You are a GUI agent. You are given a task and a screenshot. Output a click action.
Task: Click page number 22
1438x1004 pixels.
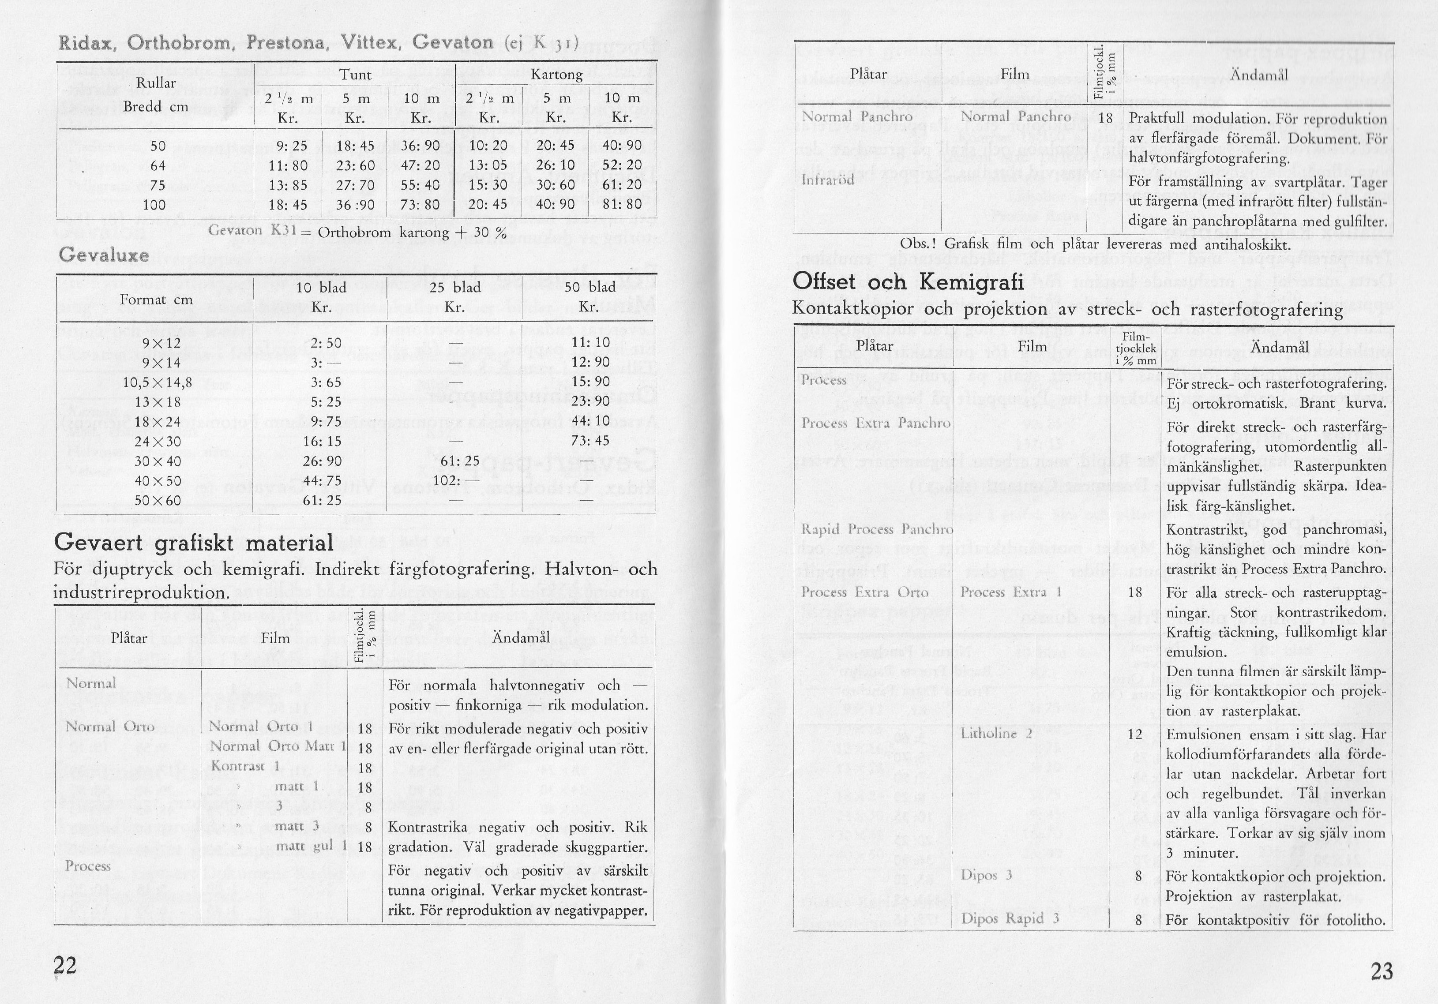point(65,965)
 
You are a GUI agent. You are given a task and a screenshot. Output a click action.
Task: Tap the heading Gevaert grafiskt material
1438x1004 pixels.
point(194,542)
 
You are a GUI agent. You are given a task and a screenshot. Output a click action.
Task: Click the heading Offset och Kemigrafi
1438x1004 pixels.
point(908,282)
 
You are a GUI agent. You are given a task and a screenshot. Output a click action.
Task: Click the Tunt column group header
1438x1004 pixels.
point(355,75)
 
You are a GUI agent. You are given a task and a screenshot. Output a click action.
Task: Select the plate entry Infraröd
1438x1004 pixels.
point(828,180)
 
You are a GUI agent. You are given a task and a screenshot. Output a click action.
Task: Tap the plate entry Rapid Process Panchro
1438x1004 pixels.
point(877,529)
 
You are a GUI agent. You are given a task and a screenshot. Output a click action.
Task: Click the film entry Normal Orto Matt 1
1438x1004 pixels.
point(278,746)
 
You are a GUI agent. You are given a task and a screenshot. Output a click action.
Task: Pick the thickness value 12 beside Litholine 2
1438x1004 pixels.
point(1135,734)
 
